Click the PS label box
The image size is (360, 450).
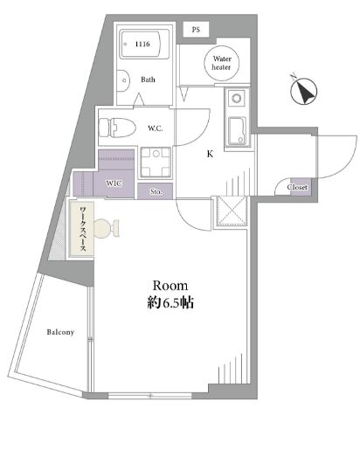click(196, 30)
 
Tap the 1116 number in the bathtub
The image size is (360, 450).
click(142, 44)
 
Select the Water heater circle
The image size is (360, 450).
click(222, 63)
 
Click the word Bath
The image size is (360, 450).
click(148, 80)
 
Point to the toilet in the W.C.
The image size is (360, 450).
click(117, 128)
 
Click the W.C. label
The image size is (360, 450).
click(155, 128)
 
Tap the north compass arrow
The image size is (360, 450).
click(304, 92)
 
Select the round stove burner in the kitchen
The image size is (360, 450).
click(236, 98)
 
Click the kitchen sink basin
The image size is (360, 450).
click(238, 131)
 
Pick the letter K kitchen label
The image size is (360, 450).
click(210, 154)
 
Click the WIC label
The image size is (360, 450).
click(114, 183)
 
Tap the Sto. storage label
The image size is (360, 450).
click(156, 191)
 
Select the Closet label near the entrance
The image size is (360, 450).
click(297, 187)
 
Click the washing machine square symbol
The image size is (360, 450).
click(156, 162)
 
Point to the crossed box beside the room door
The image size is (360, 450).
click(232, 211)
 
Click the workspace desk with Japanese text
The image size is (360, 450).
click(82, 229)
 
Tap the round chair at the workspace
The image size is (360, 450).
click(103, 228)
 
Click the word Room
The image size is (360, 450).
click(170, 286)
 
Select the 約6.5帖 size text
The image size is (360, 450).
click(170, 303)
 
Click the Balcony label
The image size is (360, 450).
click(60, 332)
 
